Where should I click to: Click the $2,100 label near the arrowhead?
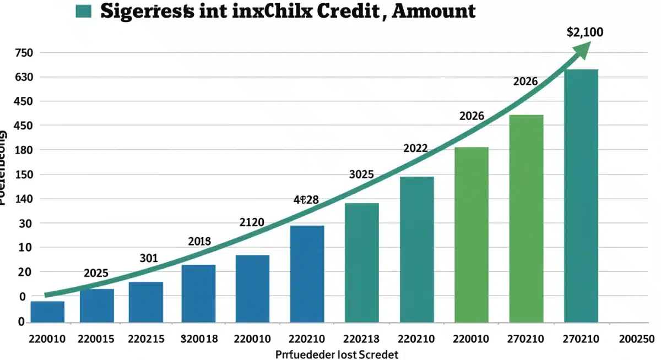(584, 32)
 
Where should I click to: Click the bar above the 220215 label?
(146, 302)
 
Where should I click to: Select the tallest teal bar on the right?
(581, 195)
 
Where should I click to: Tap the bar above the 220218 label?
(361, 263)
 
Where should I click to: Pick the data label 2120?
(252, 222)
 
